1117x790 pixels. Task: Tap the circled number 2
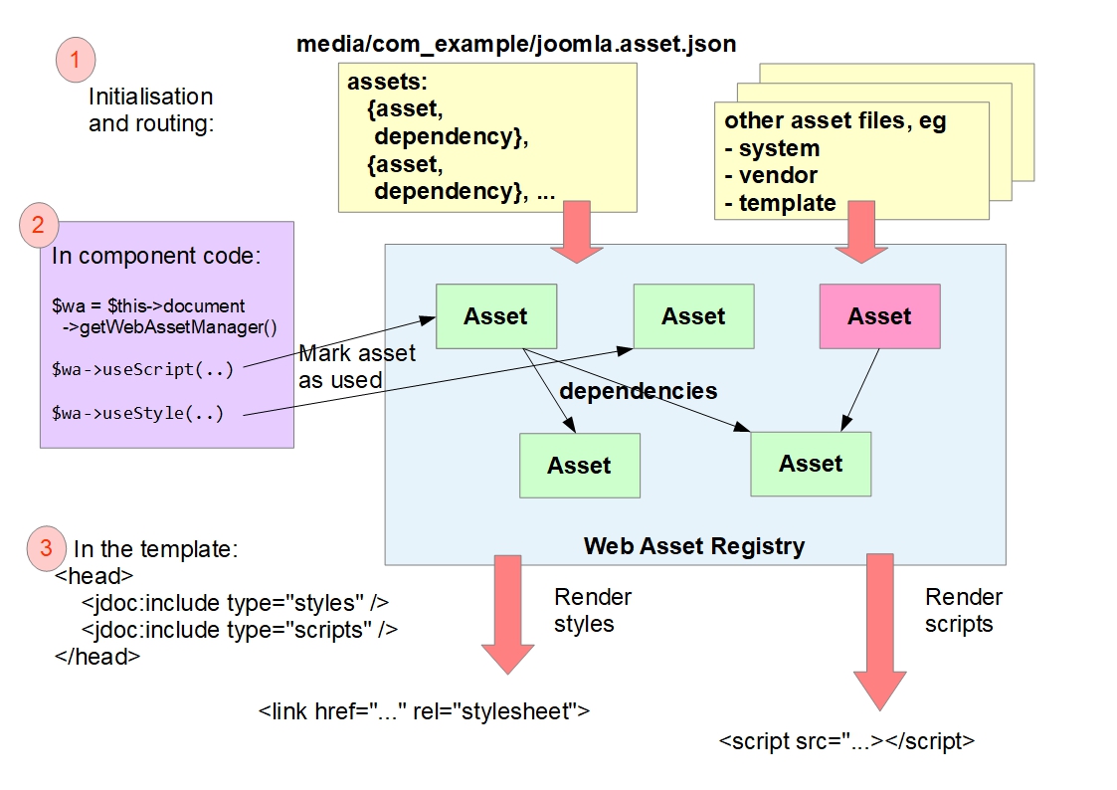click(x=38, y=227)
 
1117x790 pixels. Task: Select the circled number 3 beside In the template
click(x=46, y=547)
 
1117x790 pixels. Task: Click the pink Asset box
click(x=879, y=316)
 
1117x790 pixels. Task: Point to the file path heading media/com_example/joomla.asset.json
click(x=516, y=45)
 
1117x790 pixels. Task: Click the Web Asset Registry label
click(x=694, y=545)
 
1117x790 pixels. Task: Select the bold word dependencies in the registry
click(x=638, y=391)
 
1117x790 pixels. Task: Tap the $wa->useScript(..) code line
click(x=142, y=369)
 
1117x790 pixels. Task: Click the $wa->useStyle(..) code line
click(x=138, y=413)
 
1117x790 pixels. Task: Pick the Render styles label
click(x=593, y=611)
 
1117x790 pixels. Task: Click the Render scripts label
click(x=963, y=611)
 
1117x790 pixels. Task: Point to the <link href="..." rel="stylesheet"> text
click(x=424, y=712)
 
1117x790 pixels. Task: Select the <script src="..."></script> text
click(x=845, y=742)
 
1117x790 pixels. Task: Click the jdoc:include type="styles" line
click(x=235, y=602)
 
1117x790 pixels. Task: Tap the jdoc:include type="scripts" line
click(x=240, y=629)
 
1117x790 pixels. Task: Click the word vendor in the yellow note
click(x=778, y=176)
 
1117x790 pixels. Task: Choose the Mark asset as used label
click(x=357, y=366)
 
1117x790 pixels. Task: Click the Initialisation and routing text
click(x=151, y=110)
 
